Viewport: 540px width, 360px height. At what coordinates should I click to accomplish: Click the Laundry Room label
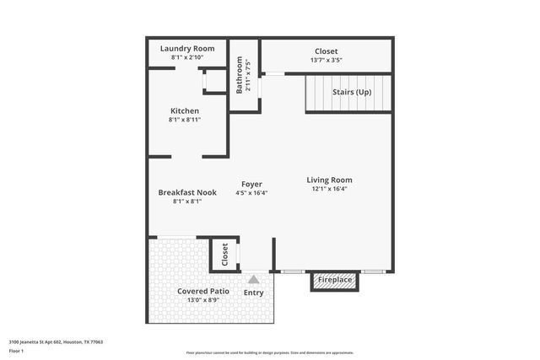click(186, 49)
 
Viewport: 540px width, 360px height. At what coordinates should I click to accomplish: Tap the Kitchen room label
click(185, 111)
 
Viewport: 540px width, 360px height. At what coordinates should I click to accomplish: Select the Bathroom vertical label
click(240, 76)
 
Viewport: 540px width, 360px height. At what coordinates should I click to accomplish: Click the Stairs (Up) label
click(351, 92)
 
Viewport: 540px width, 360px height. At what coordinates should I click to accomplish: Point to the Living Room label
click(329, 180)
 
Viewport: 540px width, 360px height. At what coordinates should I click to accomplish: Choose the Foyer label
click(251, 184)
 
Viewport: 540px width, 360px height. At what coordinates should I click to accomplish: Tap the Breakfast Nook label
click(187, 192)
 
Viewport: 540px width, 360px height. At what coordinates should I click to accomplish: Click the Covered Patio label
click(202, 291)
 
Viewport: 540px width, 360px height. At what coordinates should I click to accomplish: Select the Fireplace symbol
click(335, 279)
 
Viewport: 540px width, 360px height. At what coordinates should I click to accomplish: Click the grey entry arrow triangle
click(253, 278)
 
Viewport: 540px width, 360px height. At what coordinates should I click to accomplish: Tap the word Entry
click(253, 293)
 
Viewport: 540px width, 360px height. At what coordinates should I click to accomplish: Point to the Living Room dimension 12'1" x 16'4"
click(329, 189)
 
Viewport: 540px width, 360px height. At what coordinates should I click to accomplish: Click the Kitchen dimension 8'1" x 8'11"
click(185, 120)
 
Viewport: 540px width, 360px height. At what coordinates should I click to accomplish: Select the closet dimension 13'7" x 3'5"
click(326, 61)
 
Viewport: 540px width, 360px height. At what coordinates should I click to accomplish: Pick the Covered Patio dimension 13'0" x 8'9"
click(202, 300)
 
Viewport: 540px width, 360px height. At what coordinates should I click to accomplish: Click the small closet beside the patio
click(224, 255)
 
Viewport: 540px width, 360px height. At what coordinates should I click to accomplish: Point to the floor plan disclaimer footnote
click(270, 352)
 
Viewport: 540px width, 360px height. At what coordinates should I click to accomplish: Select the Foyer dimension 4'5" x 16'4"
click(251, 193)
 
